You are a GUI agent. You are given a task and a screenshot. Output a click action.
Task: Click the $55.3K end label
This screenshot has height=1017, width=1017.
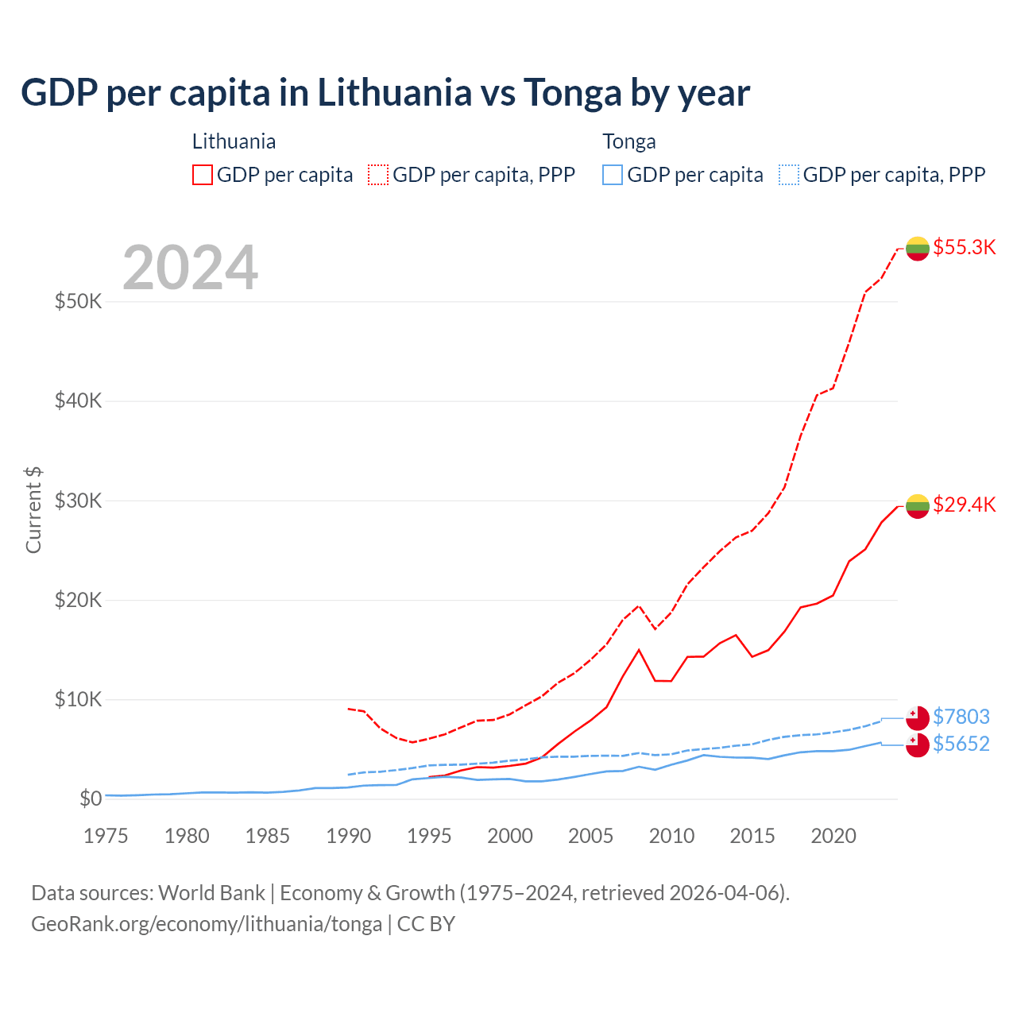(x=964, y=247)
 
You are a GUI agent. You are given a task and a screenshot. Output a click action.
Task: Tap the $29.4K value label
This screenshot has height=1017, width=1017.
(x=964, y=505)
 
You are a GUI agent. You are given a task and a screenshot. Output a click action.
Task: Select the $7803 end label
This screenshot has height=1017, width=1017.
(x=961, y=717)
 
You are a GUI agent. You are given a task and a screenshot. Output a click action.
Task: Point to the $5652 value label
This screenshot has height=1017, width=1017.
(x=961, y=744)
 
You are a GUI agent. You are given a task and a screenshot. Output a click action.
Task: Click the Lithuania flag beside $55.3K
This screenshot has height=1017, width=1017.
(x=918, y=249)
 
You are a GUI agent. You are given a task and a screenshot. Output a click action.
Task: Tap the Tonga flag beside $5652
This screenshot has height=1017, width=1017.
(x=918, y=745)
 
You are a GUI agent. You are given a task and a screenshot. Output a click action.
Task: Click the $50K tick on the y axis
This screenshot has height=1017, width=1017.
(x=78, y=301)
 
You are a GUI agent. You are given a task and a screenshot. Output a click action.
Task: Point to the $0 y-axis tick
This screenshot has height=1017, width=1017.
(x=91, y=799)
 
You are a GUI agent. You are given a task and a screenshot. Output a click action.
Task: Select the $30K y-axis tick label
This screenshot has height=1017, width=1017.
(x=78, y=501)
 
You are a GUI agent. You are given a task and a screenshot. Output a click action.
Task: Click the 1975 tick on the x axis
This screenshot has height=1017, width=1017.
(x=106, y=836)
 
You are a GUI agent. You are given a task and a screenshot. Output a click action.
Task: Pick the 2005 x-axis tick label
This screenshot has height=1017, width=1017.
(x=590, y=836)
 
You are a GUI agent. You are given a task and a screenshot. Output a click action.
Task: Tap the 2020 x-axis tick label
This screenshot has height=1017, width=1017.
(x=833, y=836)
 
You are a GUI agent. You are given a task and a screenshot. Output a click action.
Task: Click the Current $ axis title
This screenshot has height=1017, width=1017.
(x=33, y=510)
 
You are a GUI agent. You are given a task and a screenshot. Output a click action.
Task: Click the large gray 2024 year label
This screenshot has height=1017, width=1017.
(x=191, y=268)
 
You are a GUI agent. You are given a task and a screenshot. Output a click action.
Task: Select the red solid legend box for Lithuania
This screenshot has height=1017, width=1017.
(x=203, y=175)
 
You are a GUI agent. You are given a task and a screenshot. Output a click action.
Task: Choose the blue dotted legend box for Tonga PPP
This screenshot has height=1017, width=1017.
(x=789, y=175)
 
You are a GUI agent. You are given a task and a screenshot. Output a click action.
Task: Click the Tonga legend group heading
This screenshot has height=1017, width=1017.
(x=629, y=141)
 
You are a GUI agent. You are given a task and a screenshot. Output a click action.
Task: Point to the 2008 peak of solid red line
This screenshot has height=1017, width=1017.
(x=639, y=650)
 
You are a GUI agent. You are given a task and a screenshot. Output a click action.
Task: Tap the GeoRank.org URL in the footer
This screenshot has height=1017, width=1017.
(x=207, y=924)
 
